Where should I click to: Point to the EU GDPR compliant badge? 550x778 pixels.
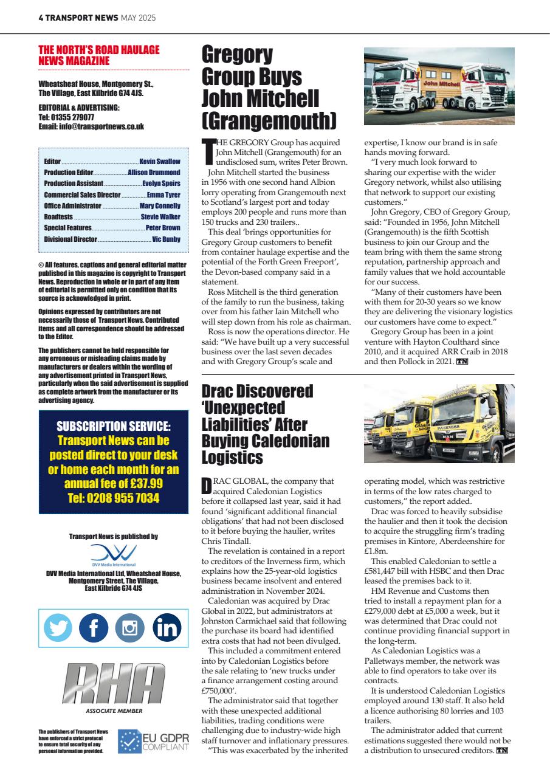(x=153, y=742)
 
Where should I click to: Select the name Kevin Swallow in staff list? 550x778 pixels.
(x=160, y=162)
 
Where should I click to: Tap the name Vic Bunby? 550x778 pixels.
(x=166, y=239)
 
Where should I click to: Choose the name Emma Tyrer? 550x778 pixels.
(x=163, y=195)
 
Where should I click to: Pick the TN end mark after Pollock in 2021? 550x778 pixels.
(x=462, y=362)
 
